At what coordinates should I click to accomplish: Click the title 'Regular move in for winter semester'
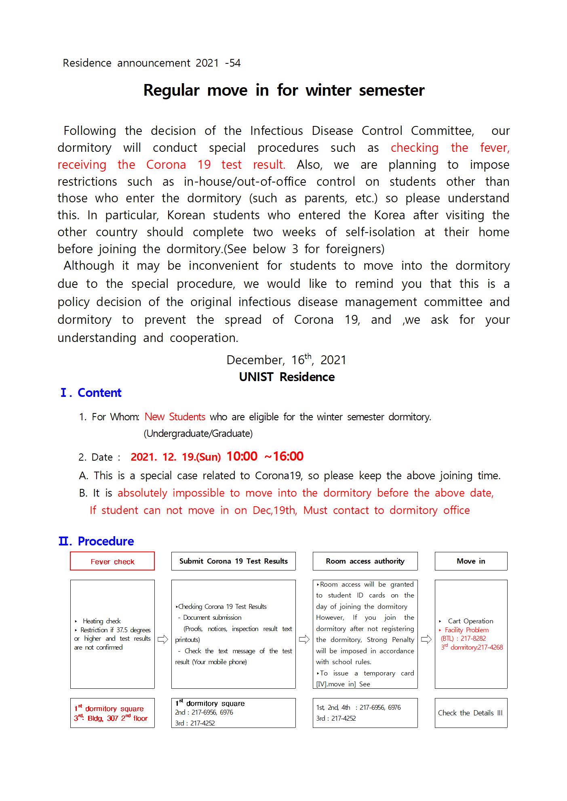[284, 90]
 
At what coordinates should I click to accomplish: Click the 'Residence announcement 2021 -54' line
[152, 63]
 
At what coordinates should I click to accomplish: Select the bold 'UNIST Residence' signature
[287, 377]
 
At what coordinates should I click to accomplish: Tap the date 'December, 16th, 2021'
[286, 360]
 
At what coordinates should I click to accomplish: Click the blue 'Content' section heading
[99, 393]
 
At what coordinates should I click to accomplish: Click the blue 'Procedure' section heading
[105, 541]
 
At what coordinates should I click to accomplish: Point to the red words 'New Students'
[175, 417]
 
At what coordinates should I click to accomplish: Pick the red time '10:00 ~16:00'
[265, 457]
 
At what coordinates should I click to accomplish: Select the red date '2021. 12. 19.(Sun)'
[175, 457]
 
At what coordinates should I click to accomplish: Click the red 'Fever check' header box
[112, 561]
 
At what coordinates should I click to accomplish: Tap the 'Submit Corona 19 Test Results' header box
[233, 561]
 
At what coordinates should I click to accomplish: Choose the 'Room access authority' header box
[365, 561]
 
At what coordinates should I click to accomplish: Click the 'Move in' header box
[471, 561]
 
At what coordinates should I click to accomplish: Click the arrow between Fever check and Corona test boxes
[163, 640]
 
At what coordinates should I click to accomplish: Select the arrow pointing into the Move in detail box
[426, 640]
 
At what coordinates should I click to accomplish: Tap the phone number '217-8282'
[473, 638]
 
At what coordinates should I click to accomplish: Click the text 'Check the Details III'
[470, 713]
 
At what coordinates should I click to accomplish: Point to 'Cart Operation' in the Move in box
[470, 621]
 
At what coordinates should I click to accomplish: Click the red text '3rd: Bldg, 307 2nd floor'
[111, 718]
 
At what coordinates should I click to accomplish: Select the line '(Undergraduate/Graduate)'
[198, 434]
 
